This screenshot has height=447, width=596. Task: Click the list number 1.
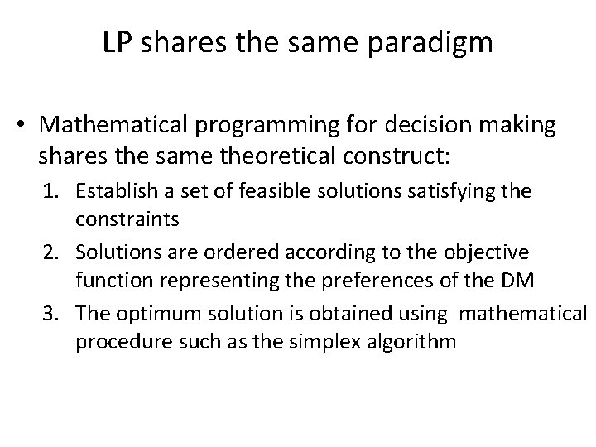63,192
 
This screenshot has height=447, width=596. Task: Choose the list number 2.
63,252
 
